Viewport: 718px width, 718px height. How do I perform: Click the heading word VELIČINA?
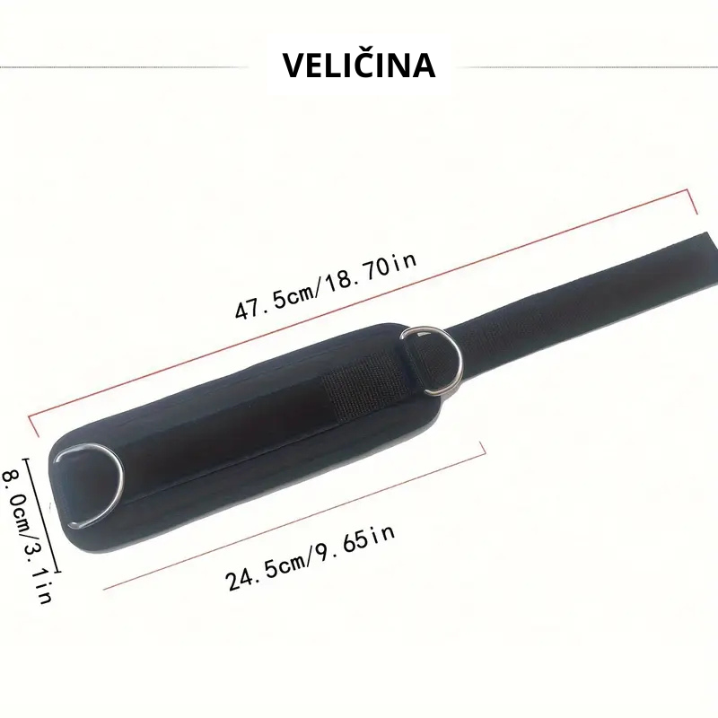tap(358, 65)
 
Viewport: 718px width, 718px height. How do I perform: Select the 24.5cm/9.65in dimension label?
tap(310, 557)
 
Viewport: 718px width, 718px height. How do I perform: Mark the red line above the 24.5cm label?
tap(293, 515)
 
